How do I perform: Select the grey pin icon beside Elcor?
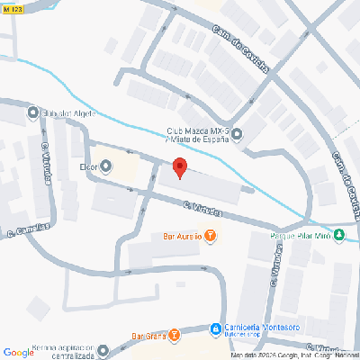(107, 165)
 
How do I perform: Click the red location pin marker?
(179, 168)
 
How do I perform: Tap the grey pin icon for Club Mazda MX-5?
(237, 136)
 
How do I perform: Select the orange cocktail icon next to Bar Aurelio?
(211, 237)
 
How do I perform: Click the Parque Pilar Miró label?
(300, 237)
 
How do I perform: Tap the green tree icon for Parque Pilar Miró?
(339, 236)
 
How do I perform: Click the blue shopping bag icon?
(215, 328)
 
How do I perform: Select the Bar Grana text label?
(149, 337)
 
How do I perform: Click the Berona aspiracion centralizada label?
(52, 350)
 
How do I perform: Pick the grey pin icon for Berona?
(103, 350)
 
